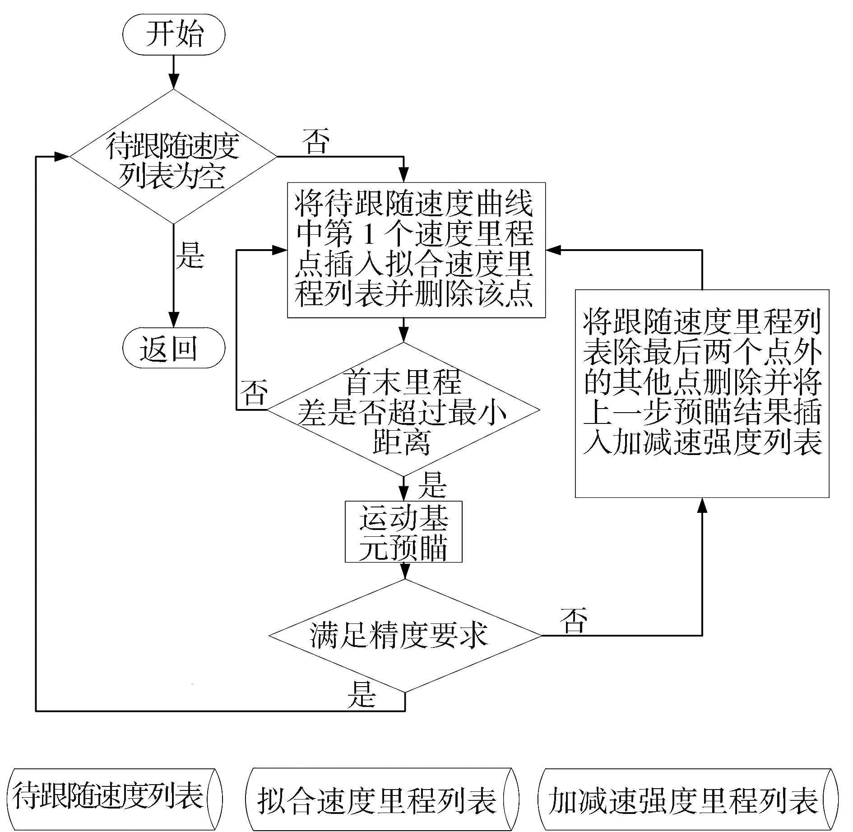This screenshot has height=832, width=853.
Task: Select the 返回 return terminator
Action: (x=174, y=348)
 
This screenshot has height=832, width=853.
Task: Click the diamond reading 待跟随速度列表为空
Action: (x=173, y=156)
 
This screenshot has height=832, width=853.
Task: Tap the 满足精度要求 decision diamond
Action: (x=404, y=636)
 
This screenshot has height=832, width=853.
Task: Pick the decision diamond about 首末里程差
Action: (x=403, y=410)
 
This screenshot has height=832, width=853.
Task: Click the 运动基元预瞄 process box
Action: (x=403, y=532)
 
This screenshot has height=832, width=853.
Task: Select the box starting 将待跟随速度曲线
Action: (x=417, y=250)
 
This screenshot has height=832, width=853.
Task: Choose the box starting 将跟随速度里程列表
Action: (x=702, y=393)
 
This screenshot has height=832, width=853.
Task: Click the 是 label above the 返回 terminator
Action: (x=190, y=255)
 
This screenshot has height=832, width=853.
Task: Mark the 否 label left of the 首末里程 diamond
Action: (x=254, y=392)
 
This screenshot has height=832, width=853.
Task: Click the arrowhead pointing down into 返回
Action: (x=174, y=319)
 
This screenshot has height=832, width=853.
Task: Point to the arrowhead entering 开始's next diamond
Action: (x=174, y=82)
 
